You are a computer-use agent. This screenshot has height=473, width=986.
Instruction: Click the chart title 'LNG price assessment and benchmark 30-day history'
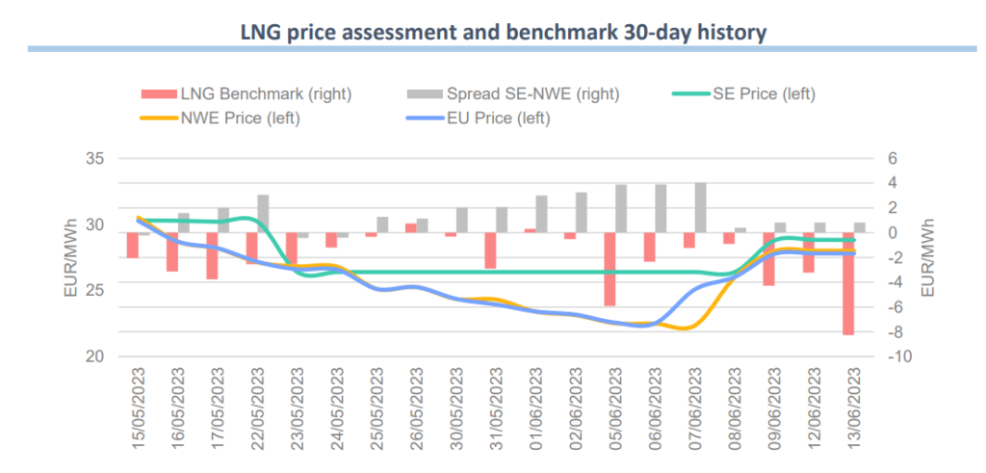tap(503, 32)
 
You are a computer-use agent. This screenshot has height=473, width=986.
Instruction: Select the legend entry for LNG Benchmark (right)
tap(246, 94)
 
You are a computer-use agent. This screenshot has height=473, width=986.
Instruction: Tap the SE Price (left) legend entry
tap(742, 94)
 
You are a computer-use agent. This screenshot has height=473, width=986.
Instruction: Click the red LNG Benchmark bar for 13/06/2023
tap(848, 283)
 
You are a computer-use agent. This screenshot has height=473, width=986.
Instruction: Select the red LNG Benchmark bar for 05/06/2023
tap(610, 269)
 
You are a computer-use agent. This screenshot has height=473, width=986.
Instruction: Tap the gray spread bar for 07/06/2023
tap(700, 207)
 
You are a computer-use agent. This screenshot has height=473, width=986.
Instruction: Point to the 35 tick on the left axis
tap(95, 158)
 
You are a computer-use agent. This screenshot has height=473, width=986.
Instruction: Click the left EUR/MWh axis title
tap(69, 257)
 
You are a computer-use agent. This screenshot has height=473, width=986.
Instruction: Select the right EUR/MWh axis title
tap(929, 257)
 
